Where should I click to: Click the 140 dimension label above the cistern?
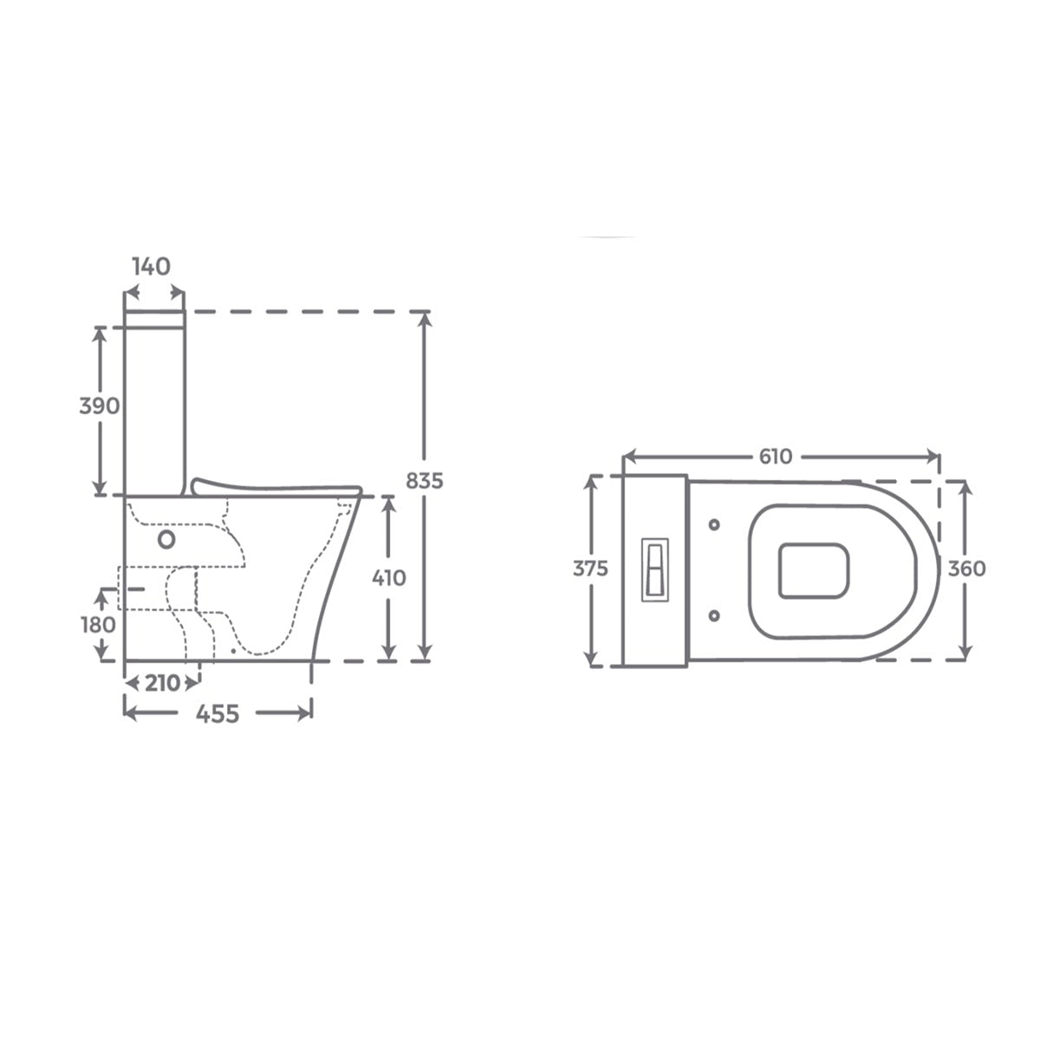click(x=151, y=267)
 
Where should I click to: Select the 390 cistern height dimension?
click(x=100, y=406)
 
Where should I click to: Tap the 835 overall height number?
click(x=424, y=481)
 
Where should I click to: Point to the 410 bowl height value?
click(x=388, y=579)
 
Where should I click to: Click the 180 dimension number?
click(x=98, y=625)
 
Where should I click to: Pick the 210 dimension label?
click(x=162, y=684)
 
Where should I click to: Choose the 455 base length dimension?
click(x=217, y=714)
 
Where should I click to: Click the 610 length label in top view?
click(x=776, y=457)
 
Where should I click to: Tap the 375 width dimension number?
click(x=590, y=569)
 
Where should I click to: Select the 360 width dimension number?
click(x=966, y=569)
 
